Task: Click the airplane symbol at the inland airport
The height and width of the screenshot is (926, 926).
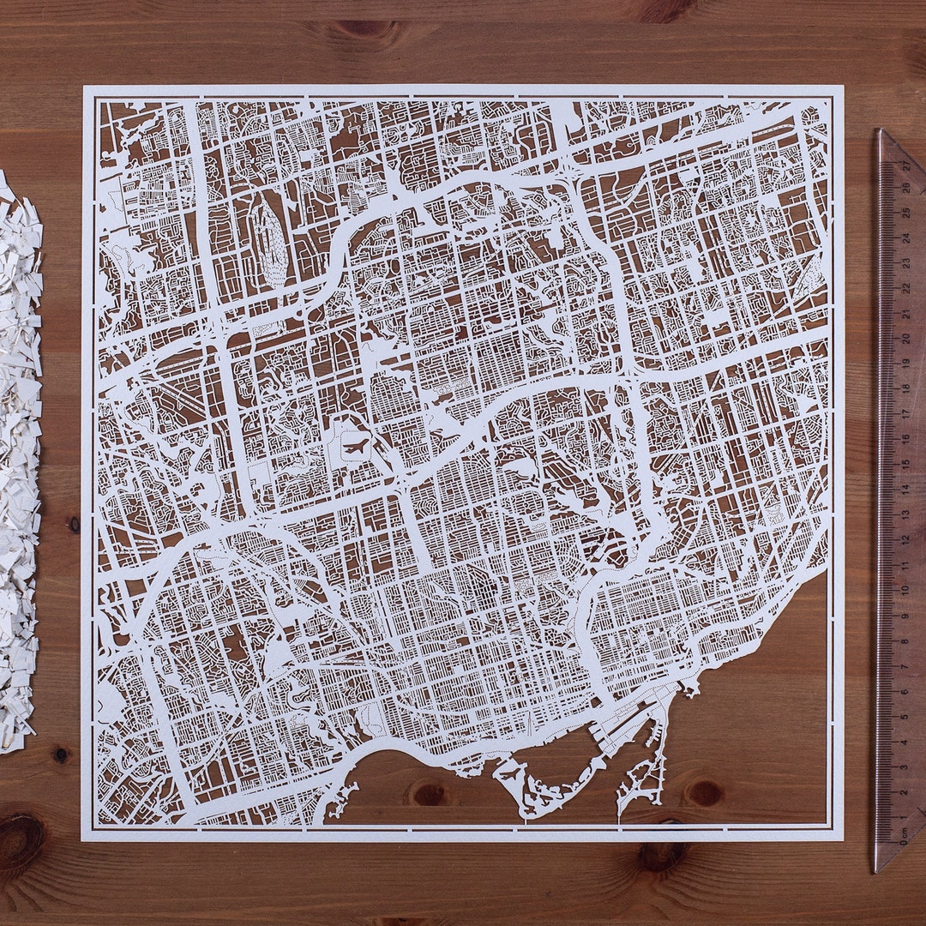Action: (x=356, y=445)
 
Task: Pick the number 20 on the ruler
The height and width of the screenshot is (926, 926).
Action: (x=905, y=339)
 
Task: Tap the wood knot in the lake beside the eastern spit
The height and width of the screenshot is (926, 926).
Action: (x=706, y=794)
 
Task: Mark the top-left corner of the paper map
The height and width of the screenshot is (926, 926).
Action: (x=84, y=87)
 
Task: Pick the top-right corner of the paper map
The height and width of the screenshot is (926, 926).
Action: (x=842, y=87)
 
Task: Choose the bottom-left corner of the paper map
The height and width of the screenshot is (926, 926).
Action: (x=82, y=839)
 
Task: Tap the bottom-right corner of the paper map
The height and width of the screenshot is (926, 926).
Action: (x=843, y=840)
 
